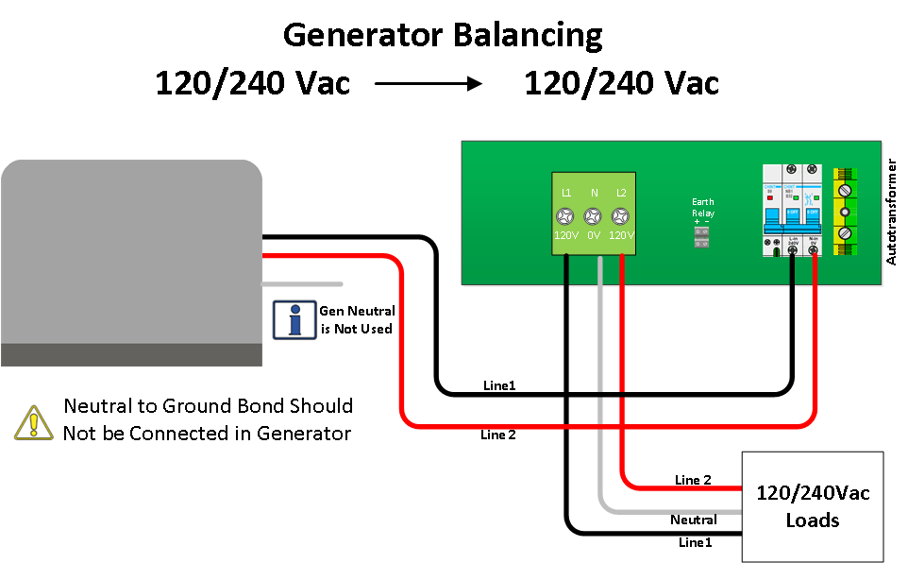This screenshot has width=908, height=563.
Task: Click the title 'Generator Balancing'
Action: [443, 35]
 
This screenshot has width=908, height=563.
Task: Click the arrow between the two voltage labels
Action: [429, 84]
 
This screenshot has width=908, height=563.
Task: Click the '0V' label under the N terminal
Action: [594, 235]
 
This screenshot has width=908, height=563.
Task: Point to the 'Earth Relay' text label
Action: [703, 208]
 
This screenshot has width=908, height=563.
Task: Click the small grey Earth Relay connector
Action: [702, 237]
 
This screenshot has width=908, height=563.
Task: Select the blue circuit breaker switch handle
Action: [792, 219]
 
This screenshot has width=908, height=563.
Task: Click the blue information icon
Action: [294, 319]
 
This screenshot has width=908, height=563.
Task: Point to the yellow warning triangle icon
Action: [32, 421]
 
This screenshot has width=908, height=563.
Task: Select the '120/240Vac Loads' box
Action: [813, 506]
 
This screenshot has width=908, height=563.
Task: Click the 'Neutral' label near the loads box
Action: [693, 520]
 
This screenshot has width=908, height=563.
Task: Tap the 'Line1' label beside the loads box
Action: [696, 542]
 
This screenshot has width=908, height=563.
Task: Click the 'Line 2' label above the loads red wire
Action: [693, 480]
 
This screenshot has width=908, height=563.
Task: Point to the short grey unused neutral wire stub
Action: [302, 283]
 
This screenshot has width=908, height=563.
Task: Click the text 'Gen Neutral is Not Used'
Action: [356, 319]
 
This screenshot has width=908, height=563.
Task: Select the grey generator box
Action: [131, 255]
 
